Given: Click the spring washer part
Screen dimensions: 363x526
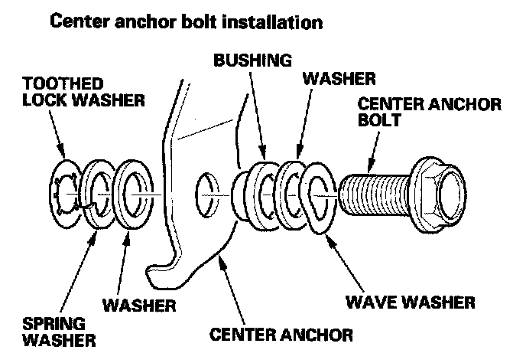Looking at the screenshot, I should [98, 195].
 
